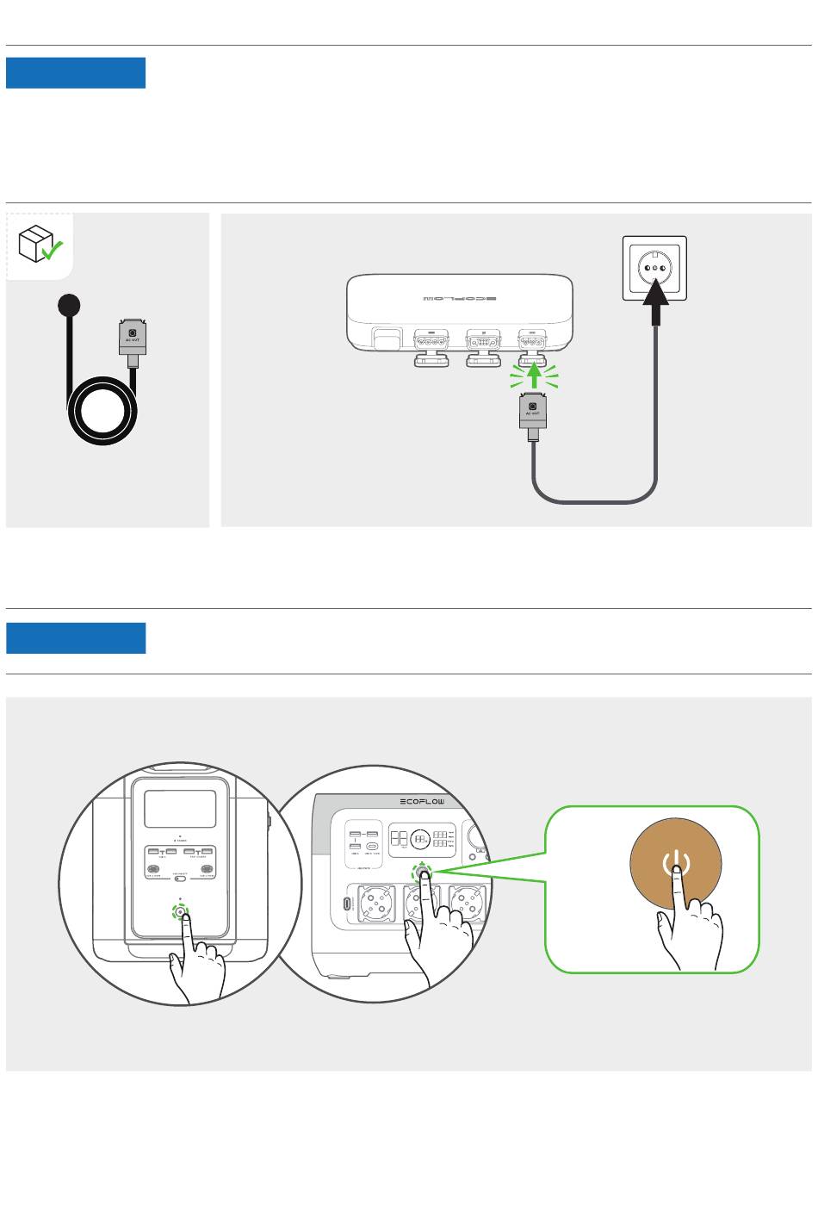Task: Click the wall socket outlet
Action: tap(655, 268)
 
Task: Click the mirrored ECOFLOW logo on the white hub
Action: tap(460, 299)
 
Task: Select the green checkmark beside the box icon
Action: tap(53, 251)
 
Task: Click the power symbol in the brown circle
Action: tap(676, 862)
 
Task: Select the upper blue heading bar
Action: tap(76, 73)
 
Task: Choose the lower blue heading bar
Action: tap(76, 638)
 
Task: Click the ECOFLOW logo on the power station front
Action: tap(423, 802)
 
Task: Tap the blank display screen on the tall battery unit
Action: tap(180, 810)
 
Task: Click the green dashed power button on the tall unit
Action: tap(180, 912)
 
